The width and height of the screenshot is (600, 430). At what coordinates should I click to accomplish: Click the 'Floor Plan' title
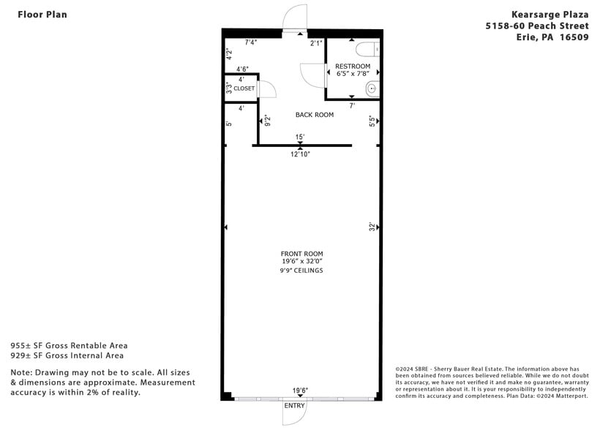(x=42, y=14)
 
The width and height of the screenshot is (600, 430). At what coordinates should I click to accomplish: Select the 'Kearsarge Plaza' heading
(x=550, y=14)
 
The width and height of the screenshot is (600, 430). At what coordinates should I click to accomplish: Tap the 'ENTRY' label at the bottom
(x=294, y=405)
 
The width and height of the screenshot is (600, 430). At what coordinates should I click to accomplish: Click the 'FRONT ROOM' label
(x=301, y=254)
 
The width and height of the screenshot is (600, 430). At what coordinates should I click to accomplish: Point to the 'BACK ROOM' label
(x=315, y=115)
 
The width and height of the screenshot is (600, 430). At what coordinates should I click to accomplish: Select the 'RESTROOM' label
(x=353, y=67)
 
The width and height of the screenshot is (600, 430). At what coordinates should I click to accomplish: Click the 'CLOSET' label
(x=244, y=88)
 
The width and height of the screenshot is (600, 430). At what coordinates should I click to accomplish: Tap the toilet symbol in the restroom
(x=367, y=49)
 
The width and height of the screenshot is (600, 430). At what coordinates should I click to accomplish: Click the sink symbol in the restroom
(x=372, y=89)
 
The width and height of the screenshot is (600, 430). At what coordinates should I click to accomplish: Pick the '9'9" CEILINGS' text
(x=301, y=271)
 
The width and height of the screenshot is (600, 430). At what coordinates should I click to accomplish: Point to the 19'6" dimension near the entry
(x=301, y=391)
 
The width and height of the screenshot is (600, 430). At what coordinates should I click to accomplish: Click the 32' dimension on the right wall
(x=372, y=227)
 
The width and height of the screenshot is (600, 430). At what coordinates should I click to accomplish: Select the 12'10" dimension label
(x=301, y=154)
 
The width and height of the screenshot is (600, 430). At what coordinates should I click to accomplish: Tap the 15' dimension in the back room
(x=300, y=137)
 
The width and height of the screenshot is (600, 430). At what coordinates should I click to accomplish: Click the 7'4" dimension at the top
(x=251, y=42)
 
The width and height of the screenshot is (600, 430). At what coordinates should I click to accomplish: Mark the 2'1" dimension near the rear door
(x=316, y=43)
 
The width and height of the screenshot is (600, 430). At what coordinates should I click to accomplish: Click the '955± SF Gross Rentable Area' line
(x=69, y=345)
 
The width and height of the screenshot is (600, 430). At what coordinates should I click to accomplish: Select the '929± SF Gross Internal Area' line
(x=67, y=355)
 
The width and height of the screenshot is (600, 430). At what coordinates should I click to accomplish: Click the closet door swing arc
(x=269, y=88)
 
